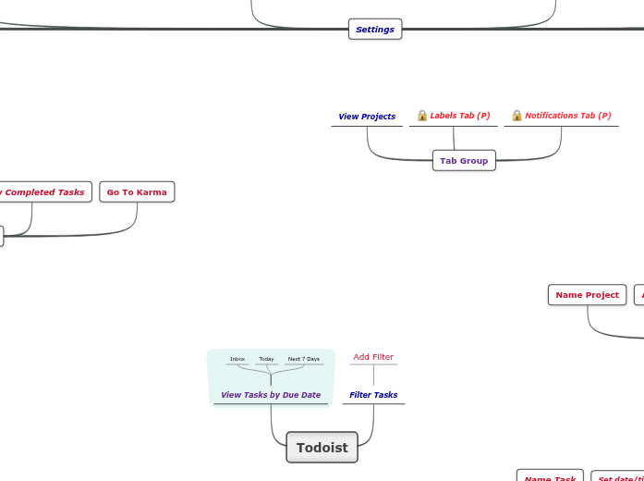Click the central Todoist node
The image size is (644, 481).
pyautogui.click(x=322, y=448)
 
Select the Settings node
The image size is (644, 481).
pyautogui.click(x=375, y=30)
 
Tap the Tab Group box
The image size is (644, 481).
pyautogui.click(x=464, y=161)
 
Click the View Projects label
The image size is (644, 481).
pyautogui.click(x=367, y=117)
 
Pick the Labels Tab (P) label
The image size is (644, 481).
pyautogui.click(x=459, y=116)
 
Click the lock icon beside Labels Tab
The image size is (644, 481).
pyautogui.click(x=422, y=116)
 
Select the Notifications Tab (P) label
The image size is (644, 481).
pyautogui.click(x=567, y=116)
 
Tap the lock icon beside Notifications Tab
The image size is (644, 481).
pyautogui.click(x=516, y=116)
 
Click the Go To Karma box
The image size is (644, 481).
pyautogui.click(x=137, y=192)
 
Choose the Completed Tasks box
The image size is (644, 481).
pyautogui.click(x=44, y=192)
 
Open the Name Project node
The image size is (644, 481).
pyautogui.click(x=587, y=295)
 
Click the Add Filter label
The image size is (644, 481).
pyautogui.click(x=373, y=357)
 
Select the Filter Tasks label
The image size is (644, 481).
pyautogui.click(x=373, y=395)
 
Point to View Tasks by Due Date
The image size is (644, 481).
pyautogui.click(x=271, y=395)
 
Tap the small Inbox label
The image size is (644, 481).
pyautogui.click(x=237, y=359)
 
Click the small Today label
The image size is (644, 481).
pyautogui.click(x=266, y=359)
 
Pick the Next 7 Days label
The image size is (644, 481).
pyautogui.click(x=304, y=359)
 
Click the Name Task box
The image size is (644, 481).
pyautogui.click(x=550, y=477)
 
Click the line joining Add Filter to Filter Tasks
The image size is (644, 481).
pyautogui.click(x=373, y=376)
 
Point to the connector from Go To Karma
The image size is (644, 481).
pyautogui.click(x=137, y=218)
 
